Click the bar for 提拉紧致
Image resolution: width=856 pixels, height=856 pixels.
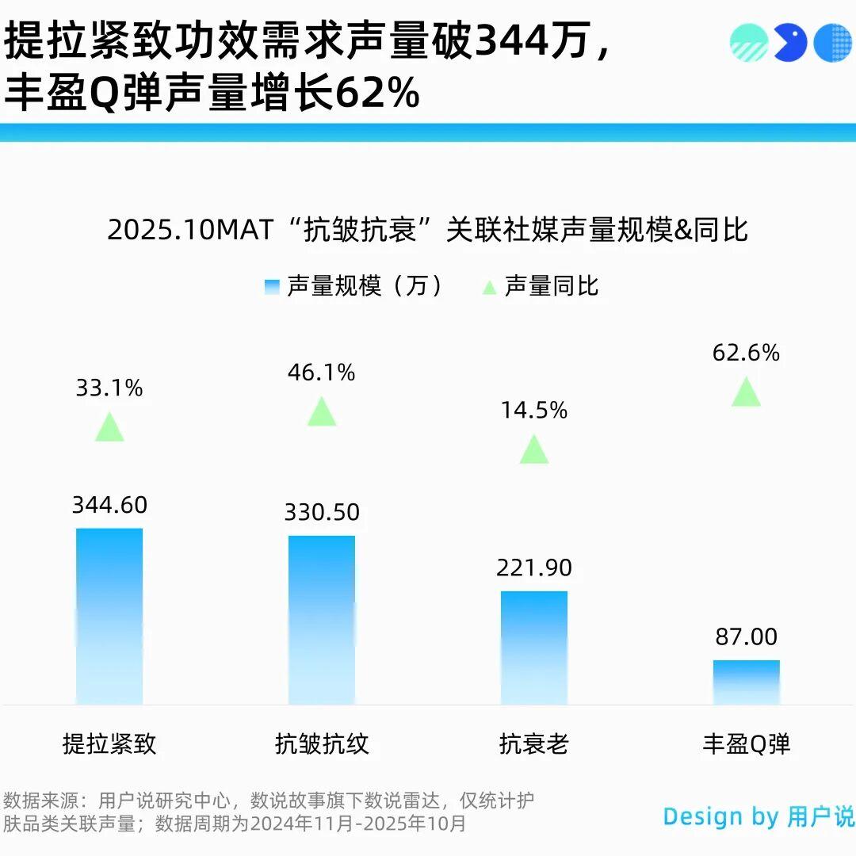click(109, 616)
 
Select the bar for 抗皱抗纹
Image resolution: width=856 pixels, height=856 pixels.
click(322, 620)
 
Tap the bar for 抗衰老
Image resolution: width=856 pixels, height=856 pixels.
click(534, 648)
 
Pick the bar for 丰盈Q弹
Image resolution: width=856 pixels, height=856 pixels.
click(747, 682)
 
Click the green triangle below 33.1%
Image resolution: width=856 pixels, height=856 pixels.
click(109, 428)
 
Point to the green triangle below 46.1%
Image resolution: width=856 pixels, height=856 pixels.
click(322, 412)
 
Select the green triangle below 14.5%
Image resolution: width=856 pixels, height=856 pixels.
click(534, 450)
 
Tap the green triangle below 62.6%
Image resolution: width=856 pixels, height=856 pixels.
click(746, 392)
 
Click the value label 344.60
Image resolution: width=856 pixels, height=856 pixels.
click(109, 505)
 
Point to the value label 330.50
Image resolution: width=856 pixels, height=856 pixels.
click(322, 512)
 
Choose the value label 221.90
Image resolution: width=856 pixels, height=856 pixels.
click(534, 567)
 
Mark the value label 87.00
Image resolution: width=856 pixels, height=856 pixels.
click(747, 636)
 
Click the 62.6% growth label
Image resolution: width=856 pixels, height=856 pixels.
click(746, 353)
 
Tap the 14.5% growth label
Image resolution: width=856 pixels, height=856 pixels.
click(534, 411)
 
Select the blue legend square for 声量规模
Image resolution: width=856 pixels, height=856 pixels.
click(272, 287)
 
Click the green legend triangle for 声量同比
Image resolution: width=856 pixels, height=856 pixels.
click(489, 287)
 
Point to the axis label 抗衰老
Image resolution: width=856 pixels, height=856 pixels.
click(534, 744)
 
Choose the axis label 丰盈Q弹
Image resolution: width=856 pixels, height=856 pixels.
click(747, 744)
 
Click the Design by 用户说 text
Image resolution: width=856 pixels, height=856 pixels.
click(759, 816)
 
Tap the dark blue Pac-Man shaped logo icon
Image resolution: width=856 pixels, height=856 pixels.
click(789, 42)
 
